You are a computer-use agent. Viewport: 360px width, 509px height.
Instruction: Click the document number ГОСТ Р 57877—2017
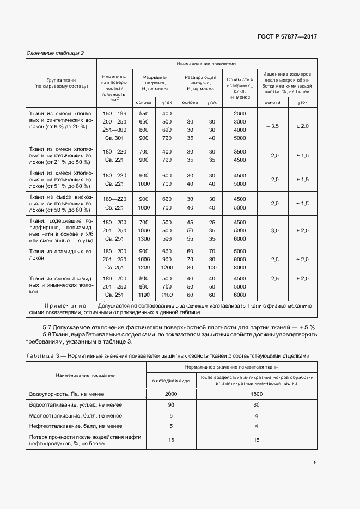[x=286, y=36]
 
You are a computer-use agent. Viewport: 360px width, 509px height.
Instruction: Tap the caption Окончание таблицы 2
[x=56, y=53]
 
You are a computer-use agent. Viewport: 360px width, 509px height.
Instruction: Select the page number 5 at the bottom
[x=315, y=463]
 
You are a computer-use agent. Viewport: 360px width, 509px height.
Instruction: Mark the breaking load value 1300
[x=144, y=238]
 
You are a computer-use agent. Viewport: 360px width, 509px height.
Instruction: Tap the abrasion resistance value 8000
[x=240, y=268]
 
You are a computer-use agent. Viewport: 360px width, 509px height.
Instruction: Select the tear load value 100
[x=212, y=268]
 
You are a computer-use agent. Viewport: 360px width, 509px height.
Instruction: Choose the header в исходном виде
[x=170, y=380]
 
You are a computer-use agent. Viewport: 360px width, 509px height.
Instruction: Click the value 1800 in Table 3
[x=256, y=393]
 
